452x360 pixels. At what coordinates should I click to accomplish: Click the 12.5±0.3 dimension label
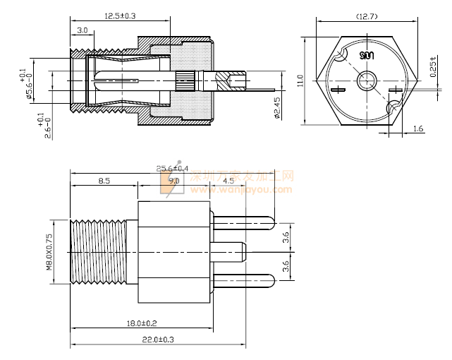(x=120, y=15)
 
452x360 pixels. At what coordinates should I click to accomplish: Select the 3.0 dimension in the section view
(x=82, y=30)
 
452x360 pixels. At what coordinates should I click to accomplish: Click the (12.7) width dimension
(x=367, y=15)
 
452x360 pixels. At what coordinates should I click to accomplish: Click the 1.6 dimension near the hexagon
(x=417, y=128)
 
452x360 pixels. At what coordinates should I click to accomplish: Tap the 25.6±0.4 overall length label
(x=172, y=168)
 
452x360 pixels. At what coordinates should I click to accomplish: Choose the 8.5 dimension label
(x=104, y=181)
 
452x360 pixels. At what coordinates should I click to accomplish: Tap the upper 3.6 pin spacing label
(x=286, y=237)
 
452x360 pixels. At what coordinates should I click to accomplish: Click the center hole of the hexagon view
(x=365, y=81)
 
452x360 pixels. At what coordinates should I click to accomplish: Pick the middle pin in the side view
(x=230, y=249)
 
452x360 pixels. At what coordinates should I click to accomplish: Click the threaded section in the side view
(x=97, y=252)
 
